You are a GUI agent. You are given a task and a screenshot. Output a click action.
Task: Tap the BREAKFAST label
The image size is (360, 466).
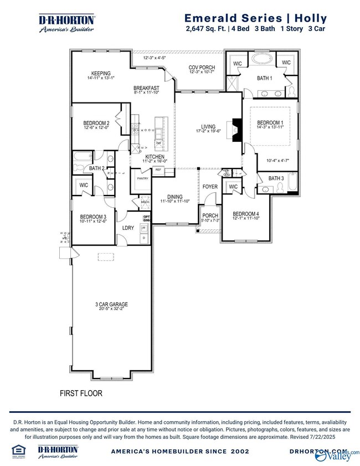pyautogui.click(x=146, y=88)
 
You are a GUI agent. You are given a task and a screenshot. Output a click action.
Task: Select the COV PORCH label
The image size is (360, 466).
pyautogui.click(x=202, y=68)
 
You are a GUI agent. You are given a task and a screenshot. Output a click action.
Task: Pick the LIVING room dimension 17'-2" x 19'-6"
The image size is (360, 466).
pyautogui.click(x=208, y=132)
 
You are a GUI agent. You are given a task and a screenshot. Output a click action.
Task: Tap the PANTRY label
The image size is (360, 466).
pyautogui.click(x=142, y=178)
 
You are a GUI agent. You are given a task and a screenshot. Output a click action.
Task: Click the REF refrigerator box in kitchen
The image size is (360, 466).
pyautogui.click(x=158, y=170)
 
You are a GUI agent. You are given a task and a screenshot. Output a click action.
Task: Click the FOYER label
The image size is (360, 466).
pyautogui.click(x=210, y=187)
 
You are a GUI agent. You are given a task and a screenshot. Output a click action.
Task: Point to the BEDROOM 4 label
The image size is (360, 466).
pyautogui.click(x=245, y=214)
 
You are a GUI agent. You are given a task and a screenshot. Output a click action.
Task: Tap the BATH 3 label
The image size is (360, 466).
pyautogui.click(x=276, y=178)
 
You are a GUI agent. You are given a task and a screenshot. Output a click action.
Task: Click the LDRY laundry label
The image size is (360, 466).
pyautogui.click(x=128, y=228)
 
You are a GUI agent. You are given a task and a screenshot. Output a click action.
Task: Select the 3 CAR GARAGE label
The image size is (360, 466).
pyautogui.click(x=111, y=304)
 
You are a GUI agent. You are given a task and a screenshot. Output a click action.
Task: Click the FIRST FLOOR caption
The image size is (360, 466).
pyautogui.click(x=81, y=393)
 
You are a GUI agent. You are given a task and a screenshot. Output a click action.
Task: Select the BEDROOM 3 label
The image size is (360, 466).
pyautogui.click(x=92, y=217)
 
